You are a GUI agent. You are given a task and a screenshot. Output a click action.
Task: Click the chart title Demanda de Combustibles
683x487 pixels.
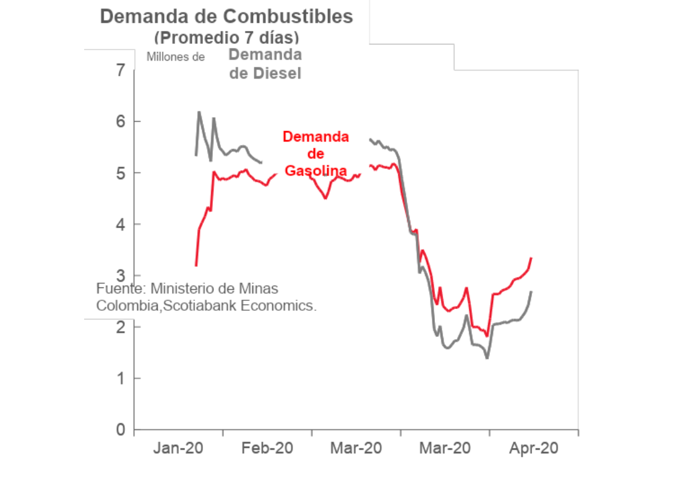coord(226,17)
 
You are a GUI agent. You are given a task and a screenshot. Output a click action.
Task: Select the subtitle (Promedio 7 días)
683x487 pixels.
coord(226,38)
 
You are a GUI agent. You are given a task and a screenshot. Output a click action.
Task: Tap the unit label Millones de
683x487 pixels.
coord(176,57)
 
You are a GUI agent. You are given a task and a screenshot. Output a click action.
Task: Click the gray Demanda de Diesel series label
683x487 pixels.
coord(265,64)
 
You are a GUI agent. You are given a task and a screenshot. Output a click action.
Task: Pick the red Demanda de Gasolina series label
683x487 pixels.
coord(316,154)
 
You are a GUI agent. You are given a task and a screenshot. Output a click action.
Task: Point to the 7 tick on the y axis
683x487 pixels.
coord(121,70)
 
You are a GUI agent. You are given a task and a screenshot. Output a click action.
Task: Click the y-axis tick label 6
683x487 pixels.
coord(121,121)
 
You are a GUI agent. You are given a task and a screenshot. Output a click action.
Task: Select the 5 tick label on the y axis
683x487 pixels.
coord(121,173)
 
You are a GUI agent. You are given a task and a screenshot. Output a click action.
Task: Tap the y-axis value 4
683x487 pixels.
coord(121,224)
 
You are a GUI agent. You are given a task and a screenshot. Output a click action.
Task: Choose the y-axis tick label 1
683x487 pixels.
coord(121,379)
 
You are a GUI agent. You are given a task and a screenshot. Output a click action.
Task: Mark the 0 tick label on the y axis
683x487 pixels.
coord(121,430)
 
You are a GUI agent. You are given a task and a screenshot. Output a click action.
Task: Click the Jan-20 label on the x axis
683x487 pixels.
coord(178,448)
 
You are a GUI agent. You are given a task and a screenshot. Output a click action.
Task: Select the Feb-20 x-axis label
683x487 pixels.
coord(267,448)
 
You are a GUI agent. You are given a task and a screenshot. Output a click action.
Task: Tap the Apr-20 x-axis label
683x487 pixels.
coord(534,448)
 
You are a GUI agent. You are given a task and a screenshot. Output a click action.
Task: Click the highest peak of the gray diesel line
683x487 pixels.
coord(199,112)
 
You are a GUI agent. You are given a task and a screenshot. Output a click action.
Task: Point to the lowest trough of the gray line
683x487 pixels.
coord(487,358)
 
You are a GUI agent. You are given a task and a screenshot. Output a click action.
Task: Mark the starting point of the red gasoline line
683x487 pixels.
coord(196,265)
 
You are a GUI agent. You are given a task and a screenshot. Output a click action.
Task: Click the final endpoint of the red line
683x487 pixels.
coord(531,258)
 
